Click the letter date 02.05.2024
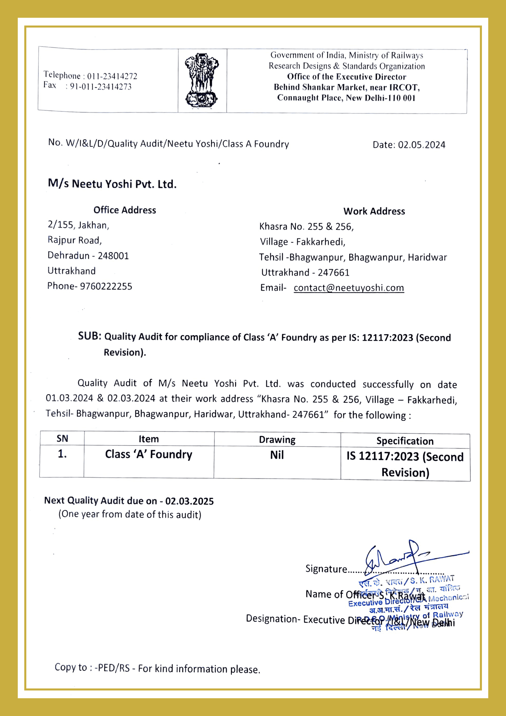pyautogui.click(x=422, y=145)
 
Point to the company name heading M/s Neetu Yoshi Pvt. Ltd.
pyautogui.click(x=112, y=184)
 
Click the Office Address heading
pyautogui.click(x=125, y=210)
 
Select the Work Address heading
pyautogui.click(x=374, y=211)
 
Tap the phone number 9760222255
pyautogui.click(x=106, y=286)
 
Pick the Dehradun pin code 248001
pyautogui.click(x=113, y=256)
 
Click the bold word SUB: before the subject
pyautogui.click(x=90, y=336)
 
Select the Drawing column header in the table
pyautogui.click(x=277, y=440)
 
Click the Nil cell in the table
pyautogui.click(x=277, y=455)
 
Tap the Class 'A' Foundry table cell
pyautogui.click(x=149, y=454)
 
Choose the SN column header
pyautogui.click(x=62, y=439)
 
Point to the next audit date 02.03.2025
pyautogui.click(x=189, y=501)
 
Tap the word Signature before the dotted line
pyautogui.click(x=326, y=569)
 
